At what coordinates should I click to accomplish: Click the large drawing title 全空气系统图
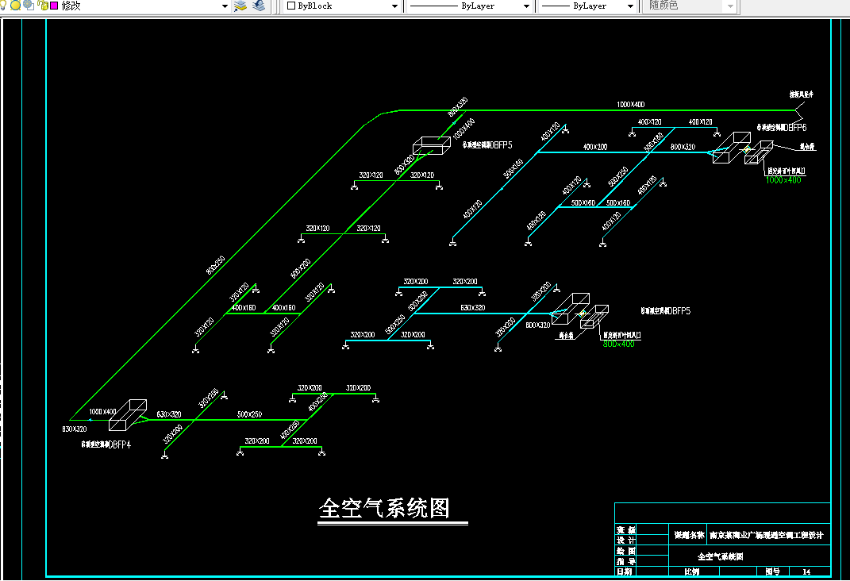pyautogui.click(x=384, y=508)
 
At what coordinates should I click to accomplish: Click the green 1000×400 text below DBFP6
pyautogui.click(x=783, y=180)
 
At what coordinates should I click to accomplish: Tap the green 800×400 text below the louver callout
pyautogui.click(x=619, y=344)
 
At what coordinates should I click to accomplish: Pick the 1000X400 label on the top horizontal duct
pyautogui.click(x=631, y=105)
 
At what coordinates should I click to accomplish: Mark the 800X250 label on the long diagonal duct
pyautogui.click(x=215, y=265)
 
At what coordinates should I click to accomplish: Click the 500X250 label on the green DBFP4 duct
pyautogui.click(x=249, y=414)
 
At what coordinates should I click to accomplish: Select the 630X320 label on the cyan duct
pyautogui.click(x=473, y=307)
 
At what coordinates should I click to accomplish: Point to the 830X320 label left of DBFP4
pyautogui.click(x=75, y=429)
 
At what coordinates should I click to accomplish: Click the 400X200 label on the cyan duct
pyautogui.click(x=594, y=147)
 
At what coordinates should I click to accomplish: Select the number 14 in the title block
pyautogui.click(x=807, y=571)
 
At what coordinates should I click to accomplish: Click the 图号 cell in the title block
pyautogui.click(x=772, y=571)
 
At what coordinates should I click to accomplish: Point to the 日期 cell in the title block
pyautogui.click(x=625, y=571)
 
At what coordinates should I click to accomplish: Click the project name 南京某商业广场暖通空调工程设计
pyautogui.click(x=767, y=535)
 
